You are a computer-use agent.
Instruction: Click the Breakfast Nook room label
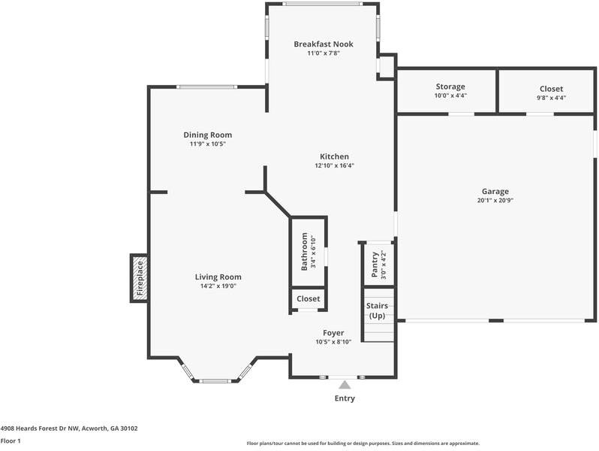[x=323, y=44]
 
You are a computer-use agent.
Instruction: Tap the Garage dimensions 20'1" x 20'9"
[x=495, y=201]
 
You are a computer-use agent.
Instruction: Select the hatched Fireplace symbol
[x=139, y=278]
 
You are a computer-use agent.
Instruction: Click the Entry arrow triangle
[x=345, y=385]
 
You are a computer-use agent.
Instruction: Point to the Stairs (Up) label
[x=376, y=310]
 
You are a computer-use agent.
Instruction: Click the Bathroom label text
[x=305, y=252]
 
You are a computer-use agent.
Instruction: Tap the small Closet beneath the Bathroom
[x=308, y=298]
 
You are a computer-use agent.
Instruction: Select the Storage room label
[x=450, y=87]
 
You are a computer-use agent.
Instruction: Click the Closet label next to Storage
[x=551, y=89]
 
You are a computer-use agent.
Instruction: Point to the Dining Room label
[x=207, y=135]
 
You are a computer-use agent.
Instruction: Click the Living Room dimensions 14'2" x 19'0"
[x=218, y=286]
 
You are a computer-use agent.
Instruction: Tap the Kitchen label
[x=334, y=156]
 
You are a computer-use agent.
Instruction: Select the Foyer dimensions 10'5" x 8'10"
[x=333, y=342]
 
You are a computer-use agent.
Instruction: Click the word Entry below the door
[x=345, y=398]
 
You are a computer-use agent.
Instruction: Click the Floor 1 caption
[x=11, y=441]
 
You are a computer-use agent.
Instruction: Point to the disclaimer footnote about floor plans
[x=363, y=443]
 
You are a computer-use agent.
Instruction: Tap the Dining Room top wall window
[x=206, y=87]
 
